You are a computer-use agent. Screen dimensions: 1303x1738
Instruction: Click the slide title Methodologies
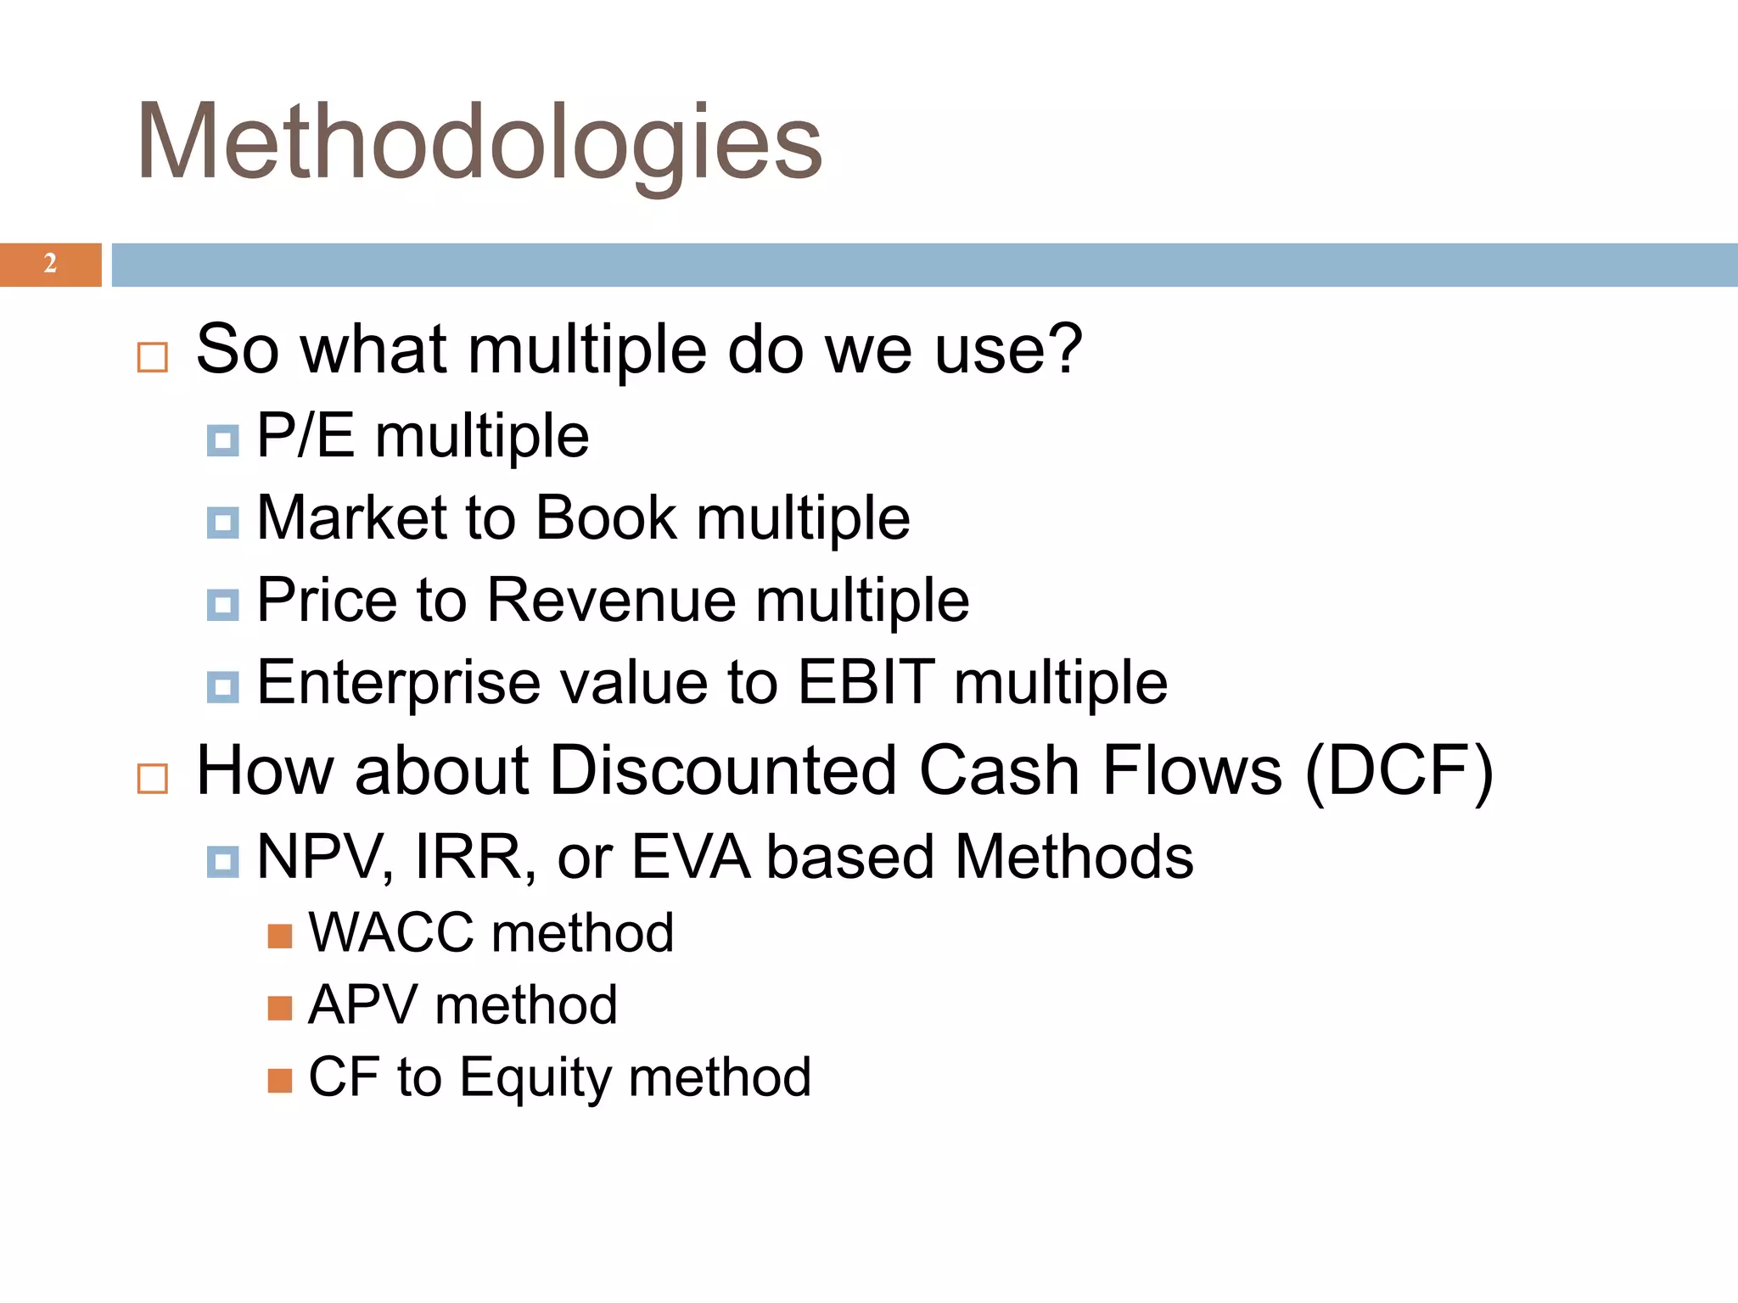479,143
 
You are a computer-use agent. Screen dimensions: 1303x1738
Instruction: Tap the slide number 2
50,264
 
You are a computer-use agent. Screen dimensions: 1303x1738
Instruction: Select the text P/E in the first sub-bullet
306,436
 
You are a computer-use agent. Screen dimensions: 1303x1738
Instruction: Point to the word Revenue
612,600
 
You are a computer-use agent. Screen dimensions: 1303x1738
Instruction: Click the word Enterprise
398,683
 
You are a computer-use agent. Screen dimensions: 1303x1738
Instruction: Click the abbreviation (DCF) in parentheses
1399,770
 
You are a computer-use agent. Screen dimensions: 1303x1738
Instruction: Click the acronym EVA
691,857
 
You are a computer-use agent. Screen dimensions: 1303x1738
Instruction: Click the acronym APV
362,1005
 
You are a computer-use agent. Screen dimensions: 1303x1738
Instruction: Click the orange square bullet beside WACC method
279,937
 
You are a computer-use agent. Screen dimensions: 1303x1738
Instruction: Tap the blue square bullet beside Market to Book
222,523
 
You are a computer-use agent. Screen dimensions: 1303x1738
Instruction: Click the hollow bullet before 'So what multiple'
153,357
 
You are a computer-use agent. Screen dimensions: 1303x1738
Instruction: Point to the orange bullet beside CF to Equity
279,1081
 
